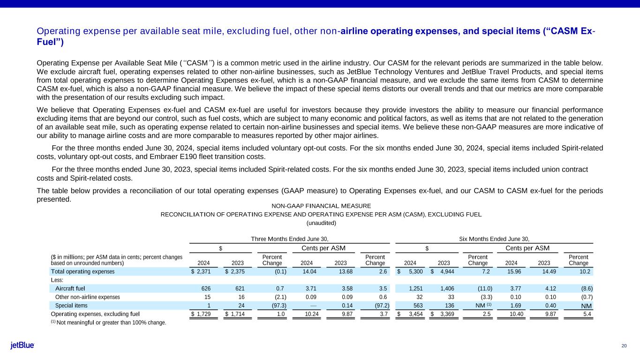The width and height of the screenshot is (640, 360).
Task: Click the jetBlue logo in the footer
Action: coord(22,345)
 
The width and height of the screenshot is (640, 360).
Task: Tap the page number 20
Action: coord(624,346)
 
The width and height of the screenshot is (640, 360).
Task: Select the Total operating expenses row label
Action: coord(83,271)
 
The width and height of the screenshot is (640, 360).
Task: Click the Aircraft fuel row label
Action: coord(70,288)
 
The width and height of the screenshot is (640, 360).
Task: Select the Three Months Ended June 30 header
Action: coord(293,239)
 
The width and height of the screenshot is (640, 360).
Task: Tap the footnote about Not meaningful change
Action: coord(108,322)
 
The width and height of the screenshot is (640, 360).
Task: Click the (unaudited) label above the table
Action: coord(321,223)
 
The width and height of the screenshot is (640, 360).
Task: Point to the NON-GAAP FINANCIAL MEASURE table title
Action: coord(321,206)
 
